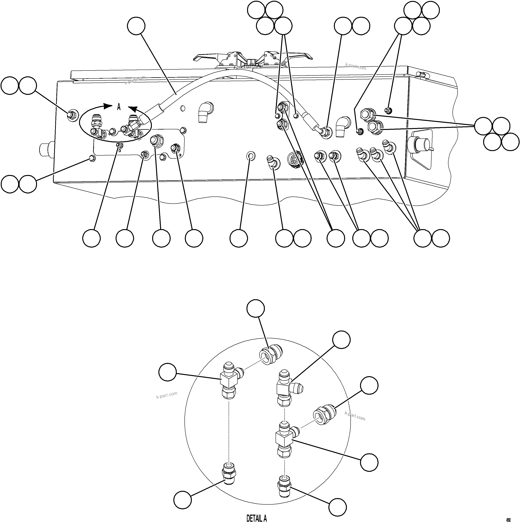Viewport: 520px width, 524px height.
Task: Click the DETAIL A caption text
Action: point(256,518)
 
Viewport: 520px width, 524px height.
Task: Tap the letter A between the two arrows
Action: point(118,107)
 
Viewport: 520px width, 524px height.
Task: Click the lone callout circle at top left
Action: point(136,26)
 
